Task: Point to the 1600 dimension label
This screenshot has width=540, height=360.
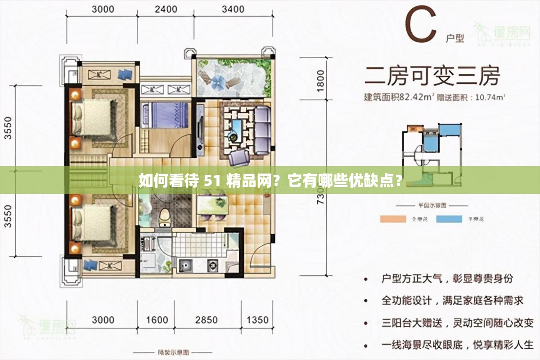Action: pyautogui.click(x=157, y=320)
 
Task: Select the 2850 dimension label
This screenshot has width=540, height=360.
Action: pyautogui.click(x=206, y=320)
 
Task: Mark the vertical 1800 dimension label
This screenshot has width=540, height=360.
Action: pyautogui.click(x=320, y=81)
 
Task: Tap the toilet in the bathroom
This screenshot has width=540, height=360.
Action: pyautogui.click(x=165, y=217)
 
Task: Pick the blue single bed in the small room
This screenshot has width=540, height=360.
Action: pyautogui.click(x=165, y=115)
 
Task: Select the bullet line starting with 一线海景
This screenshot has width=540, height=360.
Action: pyautogui.click(x=457, y=345)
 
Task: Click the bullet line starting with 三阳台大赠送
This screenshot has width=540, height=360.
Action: pyautogui.click(x=457, y=323)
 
